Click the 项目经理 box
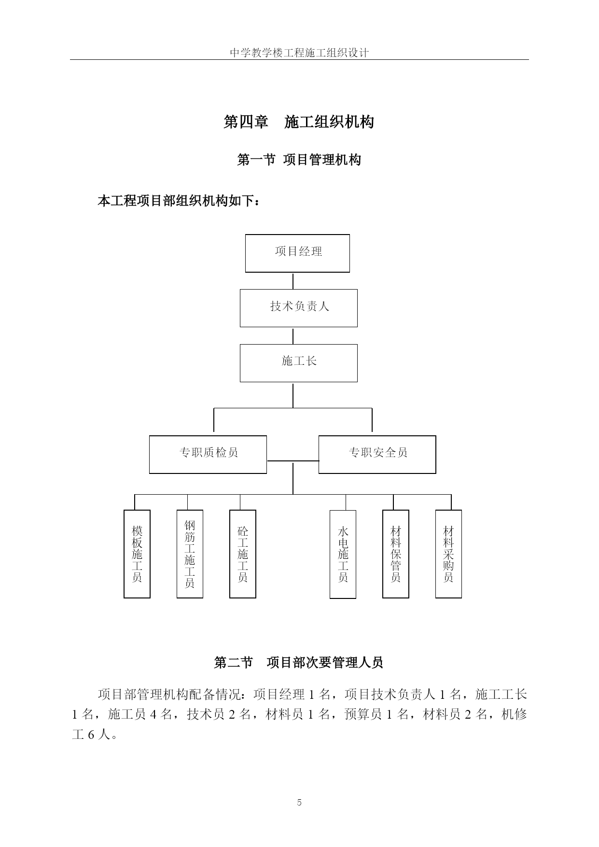[x=297, y=253]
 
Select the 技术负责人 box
[x=299, y=308]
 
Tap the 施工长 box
[x=299, y=363]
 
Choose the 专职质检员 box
[x=208, y=455]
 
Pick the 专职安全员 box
[x=377, y=455]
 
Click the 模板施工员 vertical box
[x=137, y=554]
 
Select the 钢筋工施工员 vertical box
[x=190, y=554]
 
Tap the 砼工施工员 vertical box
[x=243, y=554]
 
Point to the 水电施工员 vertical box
[x=343, y=555]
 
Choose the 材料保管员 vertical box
[x=396, y=554]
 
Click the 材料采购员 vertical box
[x=448, y=554]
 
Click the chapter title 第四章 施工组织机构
[x=299, y=122]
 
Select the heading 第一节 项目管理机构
[x=299, y=160]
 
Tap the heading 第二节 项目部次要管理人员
[x=299, y=663]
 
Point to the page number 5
[x=299, y=803]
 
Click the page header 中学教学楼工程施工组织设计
[x=299, y=53]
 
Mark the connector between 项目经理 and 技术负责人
[x=293, y=281]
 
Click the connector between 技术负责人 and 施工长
[x=293, y=336]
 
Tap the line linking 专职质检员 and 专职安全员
[x=293, y=461]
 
